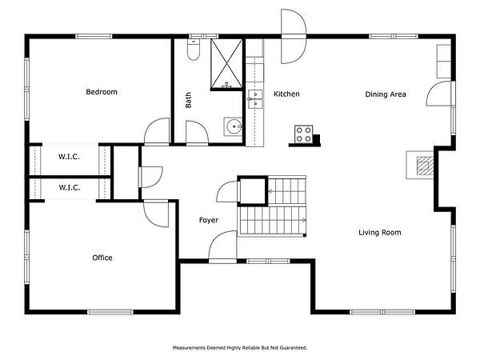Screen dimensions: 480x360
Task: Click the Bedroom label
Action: (x=102, y=92)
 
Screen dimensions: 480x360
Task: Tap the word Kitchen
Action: (x=286, y=94)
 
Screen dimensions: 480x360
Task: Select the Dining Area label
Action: (x=386, y=94)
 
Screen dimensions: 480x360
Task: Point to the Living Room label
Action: (x=379, y=232)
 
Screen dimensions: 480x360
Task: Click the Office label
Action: (x=102, y=258)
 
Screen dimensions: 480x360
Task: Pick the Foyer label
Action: (x=209, y=220)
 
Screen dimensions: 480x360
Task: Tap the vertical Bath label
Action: (x=188, y=100)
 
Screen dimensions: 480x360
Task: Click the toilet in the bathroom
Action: (x=194, y=50)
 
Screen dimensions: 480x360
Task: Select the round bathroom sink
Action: (x=233, y=126)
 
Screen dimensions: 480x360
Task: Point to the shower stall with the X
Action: (x=226, y=64)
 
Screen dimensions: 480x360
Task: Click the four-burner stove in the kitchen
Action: (x=304, y=134)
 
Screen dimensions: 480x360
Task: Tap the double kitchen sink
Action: (x=255, y=99)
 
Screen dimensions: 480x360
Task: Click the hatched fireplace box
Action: (x=425, y=164)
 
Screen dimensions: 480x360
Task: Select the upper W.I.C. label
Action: (x=69, y=157)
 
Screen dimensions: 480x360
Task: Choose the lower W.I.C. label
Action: (x=69, y=187)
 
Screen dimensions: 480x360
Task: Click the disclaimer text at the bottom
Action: (x=240, y=348)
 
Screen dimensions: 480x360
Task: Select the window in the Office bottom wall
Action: (x=110, y=312)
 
